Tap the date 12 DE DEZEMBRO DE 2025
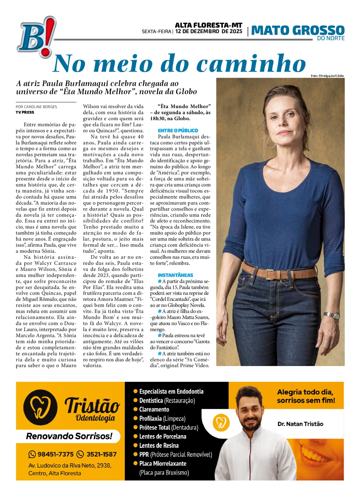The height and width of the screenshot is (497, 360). (209, 31)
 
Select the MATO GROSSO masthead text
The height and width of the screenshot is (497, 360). (297, 30)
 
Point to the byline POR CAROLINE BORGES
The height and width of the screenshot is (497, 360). (36, 107)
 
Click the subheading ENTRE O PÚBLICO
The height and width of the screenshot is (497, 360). (178, 130)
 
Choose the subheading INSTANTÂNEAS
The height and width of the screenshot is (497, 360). (175, 275)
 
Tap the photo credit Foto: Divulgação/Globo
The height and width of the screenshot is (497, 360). (327, 76)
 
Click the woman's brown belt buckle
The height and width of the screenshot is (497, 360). (270, 274)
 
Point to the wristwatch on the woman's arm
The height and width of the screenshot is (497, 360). (331, 316)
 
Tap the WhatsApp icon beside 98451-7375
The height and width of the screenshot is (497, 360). (32, 454)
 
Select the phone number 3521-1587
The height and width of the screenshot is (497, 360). (101, 454)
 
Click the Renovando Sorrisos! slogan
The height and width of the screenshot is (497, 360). (69, 436)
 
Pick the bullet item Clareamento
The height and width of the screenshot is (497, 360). (154, 409)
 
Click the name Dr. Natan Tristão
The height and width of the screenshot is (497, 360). (300, 424)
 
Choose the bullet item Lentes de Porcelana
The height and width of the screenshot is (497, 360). (162, 436)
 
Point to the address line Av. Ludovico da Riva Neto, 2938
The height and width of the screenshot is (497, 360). (70, 465)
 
